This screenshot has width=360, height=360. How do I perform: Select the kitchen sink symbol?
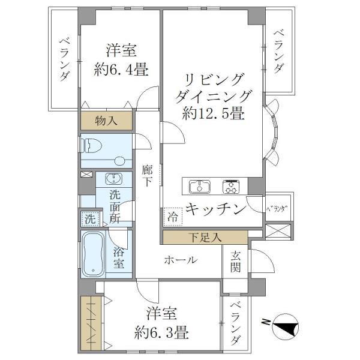click(199, 187)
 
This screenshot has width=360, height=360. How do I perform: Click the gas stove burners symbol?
click(232, 187)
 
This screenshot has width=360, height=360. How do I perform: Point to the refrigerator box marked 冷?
click(173, 215)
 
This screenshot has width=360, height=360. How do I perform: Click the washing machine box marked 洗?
click(89, 219)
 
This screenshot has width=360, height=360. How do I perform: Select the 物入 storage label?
click(107, 121)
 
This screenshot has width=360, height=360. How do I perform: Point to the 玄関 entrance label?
click(235, 262)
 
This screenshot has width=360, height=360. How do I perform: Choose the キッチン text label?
click(215, 209)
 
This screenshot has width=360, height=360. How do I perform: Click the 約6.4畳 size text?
click(121, 70)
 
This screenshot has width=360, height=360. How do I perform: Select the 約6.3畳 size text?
click(163, 331)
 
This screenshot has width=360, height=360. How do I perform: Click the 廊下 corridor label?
click(148, 176)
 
